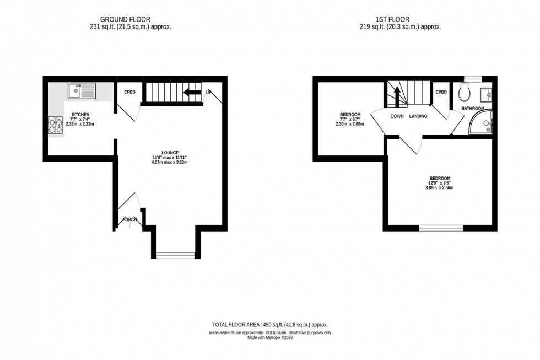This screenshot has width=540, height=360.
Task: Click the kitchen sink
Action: pos(82,90)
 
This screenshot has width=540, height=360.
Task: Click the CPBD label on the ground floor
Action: pos(129,92)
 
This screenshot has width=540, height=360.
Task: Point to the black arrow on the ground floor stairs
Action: pos(192,92)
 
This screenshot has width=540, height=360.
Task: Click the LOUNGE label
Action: pos(168,153)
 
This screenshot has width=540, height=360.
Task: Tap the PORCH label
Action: pos(130,219)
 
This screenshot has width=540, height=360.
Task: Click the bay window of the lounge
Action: pos(175,255)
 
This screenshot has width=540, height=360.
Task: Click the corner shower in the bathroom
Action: pos(482,125)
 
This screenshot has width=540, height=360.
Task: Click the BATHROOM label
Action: pos(473,108)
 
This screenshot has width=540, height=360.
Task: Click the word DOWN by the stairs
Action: pos(397,116)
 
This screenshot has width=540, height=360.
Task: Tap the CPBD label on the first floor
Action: pos(441,92)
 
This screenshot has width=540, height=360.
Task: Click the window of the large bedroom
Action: pos(441,227)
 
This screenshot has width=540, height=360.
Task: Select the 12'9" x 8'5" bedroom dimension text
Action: pos(440,183)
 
